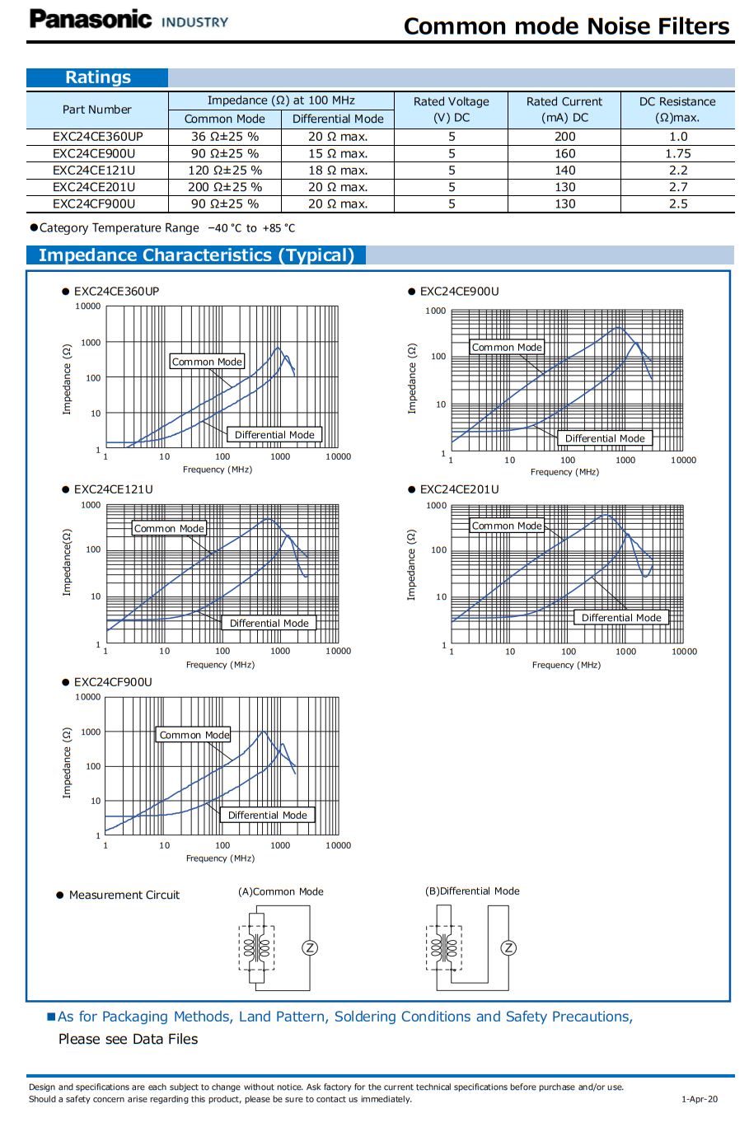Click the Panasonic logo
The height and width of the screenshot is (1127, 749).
point(90,19)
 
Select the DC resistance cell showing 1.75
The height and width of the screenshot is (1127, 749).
point(677,153)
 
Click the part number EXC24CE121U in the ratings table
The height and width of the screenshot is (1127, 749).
point(94,170)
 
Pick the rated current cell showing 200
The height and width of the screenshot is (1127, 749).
point(564,137)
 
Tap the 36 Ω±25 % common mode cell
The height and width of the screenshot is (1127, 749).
point(224,137)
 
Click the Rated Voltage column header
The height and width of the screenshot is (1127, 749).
point(451,110)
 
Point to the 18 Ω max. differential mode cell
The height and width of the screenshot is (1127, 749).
point(338,170)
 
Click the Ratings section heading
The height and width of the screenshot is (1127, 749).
point(98,77)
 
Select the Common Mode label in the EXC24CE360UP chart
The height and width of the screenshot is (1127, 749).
point(207,361)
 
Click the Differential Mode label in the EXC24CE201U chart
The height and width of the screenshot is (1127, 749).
point(621,617)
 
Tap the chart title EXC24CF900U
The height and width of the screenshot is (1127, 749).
point(113,682)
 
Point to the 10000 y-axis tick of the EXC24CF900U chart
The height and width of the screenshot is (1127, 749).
point(87,697)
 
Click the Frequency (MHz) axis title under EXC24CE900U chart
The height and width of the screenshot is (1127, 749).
point(564,472)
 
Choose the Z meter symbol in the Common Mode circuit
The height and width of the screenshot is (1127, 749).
point(310,948)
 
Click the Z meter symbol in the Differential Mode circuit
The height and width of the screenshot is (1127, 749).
point(508,948)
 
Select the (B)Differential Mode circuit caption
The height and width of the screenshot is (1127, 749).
point(472,891)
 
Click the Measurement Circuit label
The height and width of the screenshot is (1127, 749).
point(124,895)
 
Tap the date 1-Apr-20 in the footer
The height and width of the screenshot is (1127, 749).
point(700,1099)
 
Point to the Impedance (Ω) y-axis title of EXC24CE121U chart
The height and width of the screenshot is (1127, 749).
point(67,562)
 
